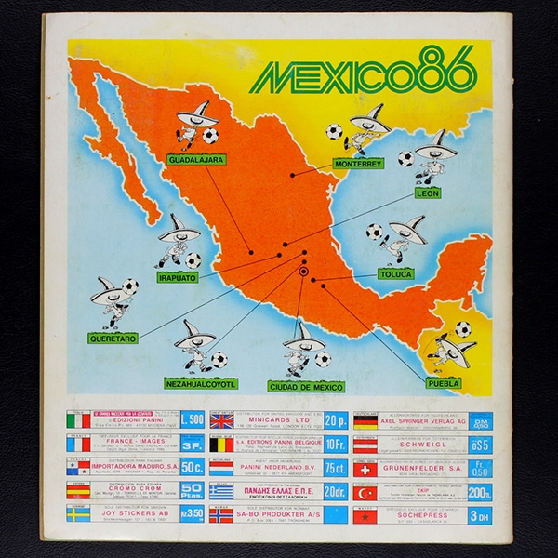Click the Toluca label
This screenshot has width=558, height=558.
coord(401,275)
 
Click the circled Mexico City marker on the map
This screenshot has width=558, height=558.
coord(303,272)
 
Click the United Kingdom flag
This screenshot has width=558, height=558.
coord(222,422)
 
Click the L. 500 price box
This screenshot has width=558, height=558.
coord(192,421)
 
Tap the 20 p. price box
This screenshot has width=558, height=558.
coord(335,421)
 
